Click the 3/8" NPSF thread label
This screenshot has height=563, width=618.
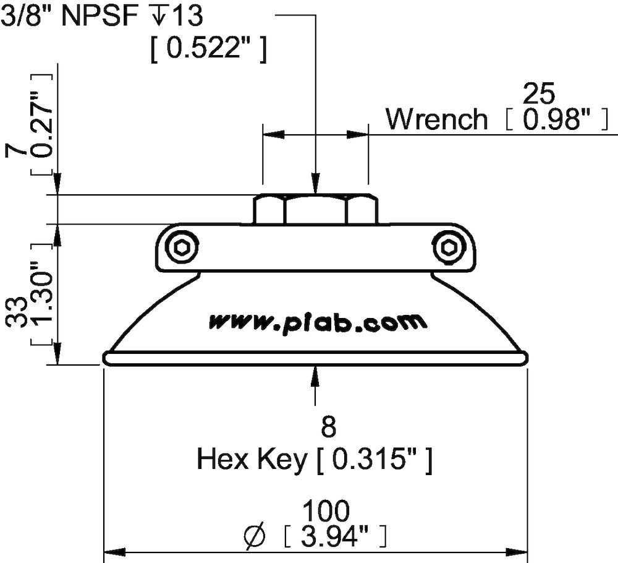coord(101,16)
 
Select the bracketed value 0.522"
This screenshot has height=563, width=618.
coord(209,49)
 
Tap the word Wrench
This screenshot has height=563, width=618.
coord(437,119)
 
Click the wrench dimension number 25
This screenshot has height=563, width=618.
coord(540,94)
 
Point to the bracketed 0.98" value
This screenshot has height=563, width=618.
coord(554,120)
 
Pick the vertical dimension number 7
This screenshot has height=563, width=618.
coord(17,150)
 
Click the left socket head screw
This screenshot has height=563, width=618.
coord(183,248)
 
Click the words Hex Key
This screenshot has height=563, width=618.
coord(252,460)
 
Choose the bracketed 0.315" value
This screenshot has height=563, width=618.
coord(374,460)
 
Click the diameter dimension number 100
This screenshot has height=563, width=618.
coord(326,511)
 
